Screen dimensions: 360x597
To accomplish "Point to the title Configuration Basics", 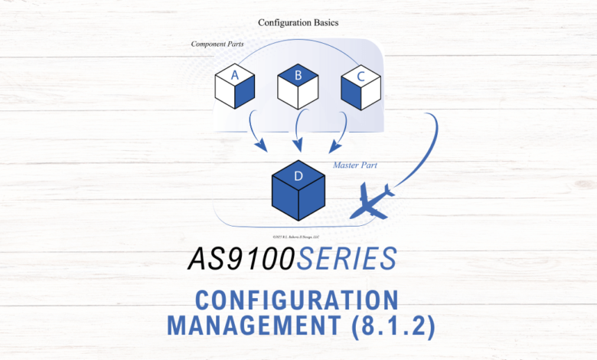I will click(x=298, y=23).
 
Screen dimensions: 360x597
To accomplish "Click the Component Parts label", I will click(x=217, y=44).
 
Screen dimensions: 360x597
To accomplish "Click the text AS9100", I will click(x=240, y=260).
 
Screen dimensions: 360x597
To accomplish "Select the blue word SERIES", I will click(x=345, y=260).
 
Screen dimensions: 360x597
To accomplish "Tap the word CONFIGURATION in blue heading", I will click(x=297, y=299).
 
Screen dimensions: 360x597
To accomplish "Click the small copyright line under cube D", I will click(x=298, y=236).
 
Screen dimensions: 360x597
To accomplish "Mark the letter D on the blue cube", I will click(x=298, y=176).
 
